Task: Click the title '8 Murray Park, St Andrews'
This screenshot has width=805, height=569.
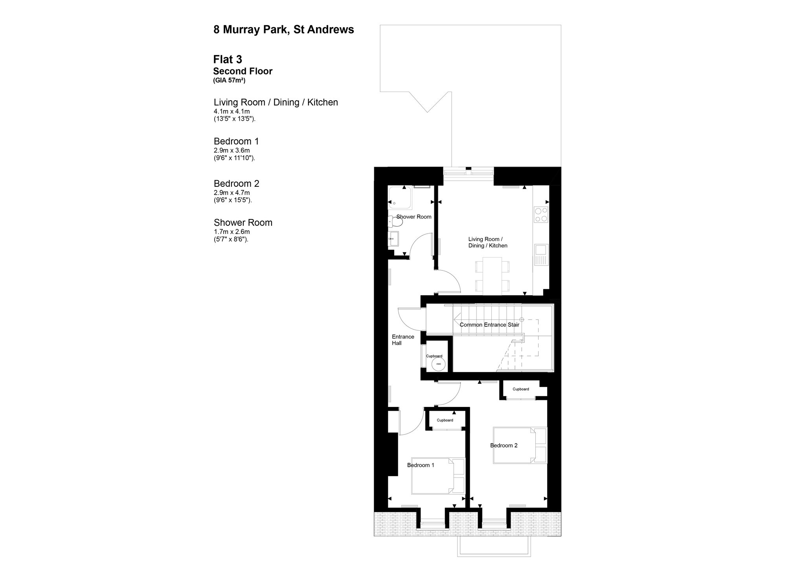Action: click(283, 30)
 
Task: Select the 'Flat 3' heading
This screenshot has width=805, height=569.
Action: click(228, 59)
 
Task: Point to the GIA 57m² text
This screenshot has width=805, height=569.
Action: click(230, 81)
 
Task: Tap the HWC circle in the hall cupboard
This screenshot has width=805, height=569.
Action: click(438, 364)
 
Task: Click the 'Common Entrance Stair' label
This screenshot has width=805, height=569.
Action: click(489, 325)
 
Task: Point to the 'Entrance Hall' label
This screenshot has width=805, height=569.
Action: click(403, 340)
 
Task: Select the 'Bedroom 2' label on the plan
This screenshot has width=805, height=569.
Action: click(504, 446)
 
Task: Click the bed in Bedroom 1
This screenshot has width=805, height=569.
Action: click(438, 476)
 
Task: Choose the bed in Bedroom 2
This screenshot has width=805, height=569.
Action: click(520, 445)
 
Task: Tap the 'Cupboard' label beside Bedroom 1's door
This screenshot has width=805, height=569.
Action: click(445, 420)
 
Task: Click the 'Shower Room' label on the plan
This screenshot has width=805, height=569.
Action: click(414, 217)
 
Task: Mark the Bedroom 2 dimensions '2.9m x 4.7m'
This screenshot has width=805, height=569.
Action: click(232, 193)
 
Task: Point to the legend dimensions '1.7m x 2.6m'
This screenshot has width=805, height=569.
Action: click(232, 232)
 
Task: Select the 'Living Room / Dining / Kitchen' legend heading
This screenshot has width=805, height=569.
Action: click(276, 102)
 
